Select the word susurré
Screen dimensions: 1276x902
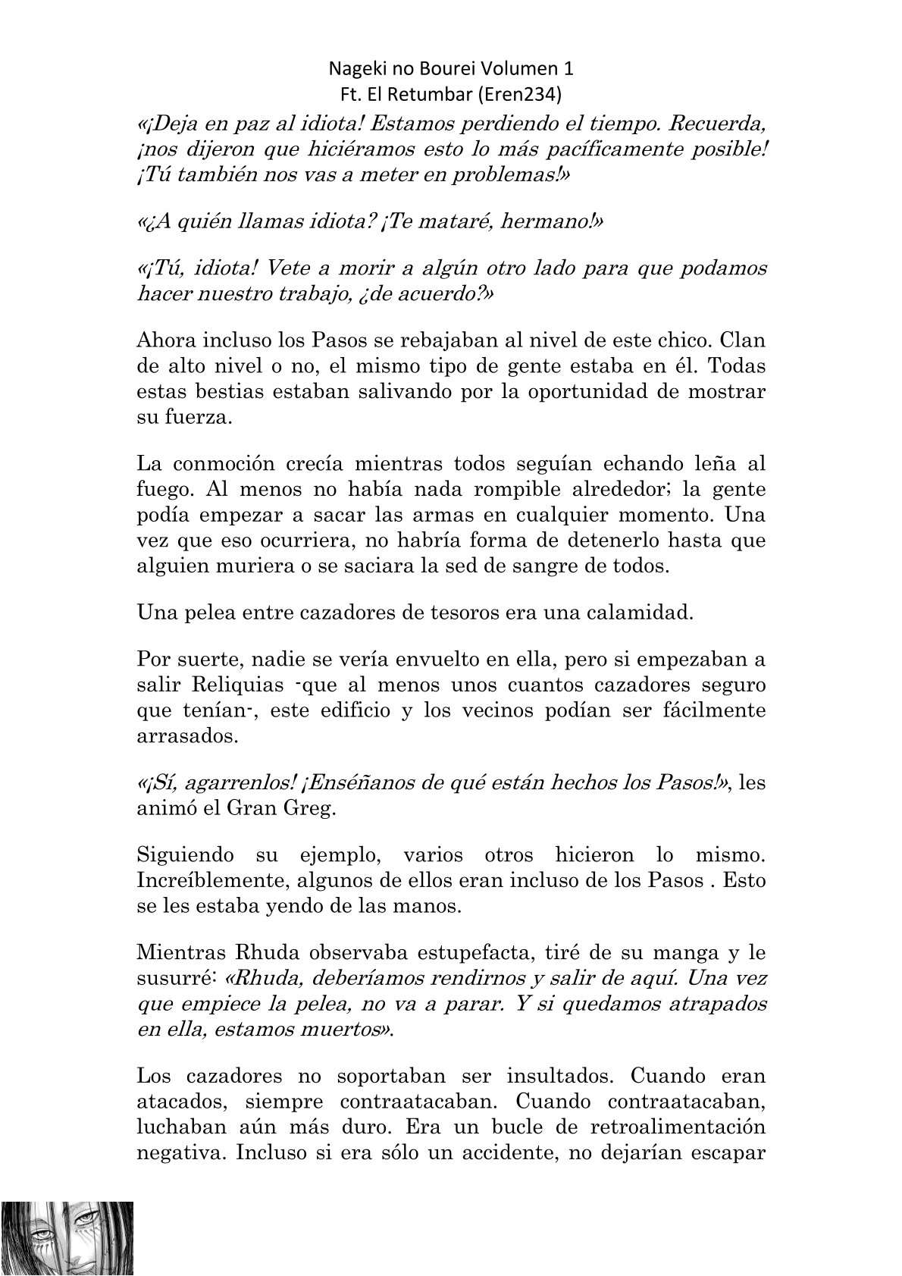[x=174, y=978]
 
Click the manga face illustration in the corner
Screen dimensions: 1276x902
[x=67, y=1236]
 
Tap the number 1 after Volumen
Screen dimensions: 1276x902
[x=568, y=69]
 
